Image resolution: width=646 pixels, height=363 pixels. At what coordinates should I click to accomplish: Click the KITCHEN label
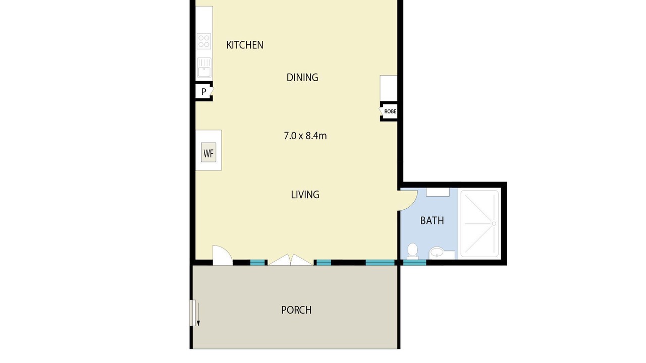245,45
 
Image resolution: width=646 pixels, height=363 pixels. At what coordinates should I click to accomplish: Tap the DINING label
302,77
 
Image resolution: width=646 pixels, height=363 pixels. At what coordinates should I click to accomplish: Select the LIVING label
305,195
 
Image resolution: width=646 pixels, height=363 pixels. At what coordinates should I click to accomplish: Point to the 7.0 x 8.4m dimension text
305,136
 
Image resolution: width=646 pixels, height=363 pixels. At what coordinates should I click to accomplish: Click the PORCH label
296,310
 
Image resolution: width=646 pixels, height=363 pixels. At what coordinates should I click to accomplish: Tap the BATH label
432,221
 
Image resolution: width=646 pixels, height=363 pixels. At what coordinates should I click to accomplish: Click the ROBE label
390,111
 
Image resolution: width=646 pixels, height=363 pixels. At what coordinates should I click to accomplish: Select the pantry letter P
203,92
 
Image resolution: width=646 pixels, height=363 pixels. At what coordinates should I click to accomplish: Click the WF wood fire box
208,152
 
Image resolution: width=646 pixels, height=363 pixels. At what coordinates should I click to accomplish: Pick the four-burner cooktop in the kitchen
204,41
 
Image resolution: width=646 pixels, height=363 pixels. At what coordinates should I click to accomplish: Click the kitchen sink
204,68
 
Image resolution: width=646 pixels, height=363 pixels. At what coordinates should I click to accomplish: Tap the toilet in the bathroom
412,251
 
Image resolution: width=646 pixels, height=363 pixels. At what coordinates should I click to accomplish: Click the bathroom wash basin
437,253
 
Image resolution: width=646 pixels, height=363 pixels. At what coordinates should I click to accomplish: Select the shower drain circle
494,223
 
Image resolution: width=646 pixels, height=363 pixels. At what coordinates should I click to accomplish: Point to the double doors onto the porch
290,260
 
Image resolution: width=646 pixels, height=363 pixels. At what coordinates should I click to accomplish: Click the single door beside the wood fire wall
222,255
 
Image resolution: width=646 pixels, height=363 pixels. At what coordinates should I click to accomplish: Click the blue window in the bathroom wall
414,263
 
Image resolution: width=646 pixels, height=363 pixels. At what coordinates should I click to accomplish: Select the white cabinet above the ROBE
389,88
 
